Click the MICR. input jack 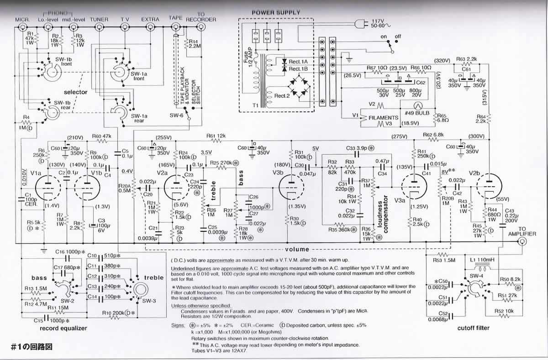pyautogui.click(x=22, y=28)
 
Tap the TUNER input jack pyautogui.click(x=99, y=28)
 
